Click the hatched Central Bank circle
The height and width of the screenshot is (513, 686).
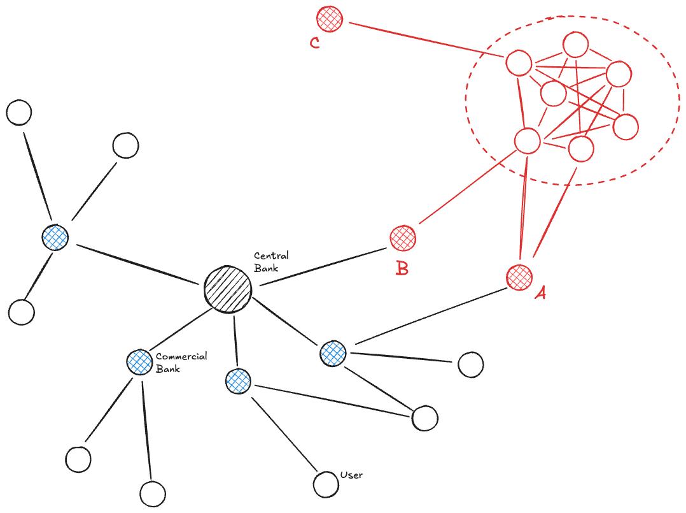(228, 290)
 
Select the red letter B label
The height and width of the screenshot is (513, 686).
(402, 268)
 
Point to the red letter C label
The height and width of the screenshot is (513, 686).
(314, 43)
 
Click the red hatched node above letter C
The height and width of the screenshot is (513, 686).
(330, 18)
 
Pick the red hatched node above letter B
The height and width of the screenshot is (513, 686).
(402, 238)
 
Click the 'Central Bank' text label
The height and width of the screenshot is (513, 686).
(271, 261)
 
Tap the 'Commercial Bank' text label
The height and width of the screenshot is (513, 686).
(181, 362)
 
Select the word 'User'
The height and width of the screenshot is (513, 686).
(351, 475)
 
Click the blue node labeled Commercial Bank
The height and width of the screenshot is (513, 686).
(139, 361)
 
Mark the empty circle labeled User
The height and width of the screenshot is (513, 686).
(326, 484)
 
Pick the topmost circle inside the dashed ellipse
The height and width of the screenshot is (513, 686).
(575, 45)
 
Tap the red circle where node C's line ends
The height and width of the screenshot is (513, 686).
(519, 63)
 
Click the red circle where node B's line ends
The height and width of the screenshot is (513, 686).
(528, 141)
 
